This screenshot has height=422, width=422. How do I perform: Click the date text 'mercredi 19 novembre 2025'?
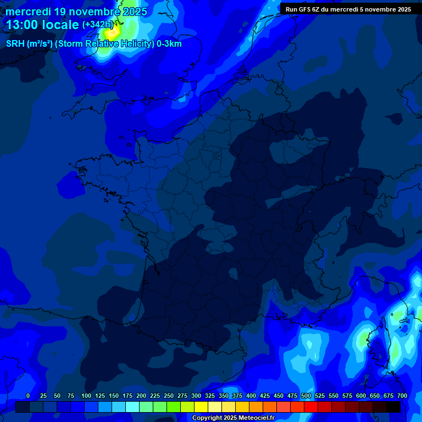point(76,12)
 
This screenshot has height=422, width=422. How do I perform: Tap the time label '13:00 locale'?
point(42,25)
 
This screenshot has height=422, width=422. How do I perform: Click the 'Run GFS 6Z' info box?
point(348,9)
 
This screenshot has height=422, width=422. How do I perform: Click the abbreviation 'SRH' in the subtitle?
point(15,44)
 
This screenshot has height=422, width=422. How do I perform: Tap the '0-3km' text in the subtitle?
point(169,44)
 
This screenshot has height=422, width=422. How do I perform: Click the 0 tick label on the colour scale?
point(28,396)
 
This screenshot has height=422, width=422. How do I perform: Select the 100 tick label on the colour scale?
point(86,396)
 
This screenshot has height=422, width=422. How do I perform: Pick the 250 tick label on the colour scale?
point(169,396)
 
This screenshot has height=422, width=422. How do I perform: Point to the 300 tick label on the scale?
point(196,396)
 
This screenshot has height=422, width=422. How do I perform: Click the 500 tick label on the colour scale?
point(306,396)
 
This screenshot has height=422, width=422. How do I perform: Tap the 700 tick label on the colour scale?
point(402,396)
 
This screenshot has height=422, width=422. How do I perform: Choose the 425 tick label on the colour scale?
point(265,396)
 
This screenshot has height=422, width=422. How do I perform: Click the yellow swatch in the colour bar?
point(201,407)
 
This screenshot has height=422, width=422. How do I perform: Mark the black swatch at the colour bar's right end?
point(393,407)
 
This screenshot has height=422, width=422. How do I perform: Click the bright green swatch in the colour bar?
point(174,407)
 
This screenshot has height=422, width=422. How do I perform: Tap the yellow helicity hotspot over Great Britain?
point(112,32)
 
